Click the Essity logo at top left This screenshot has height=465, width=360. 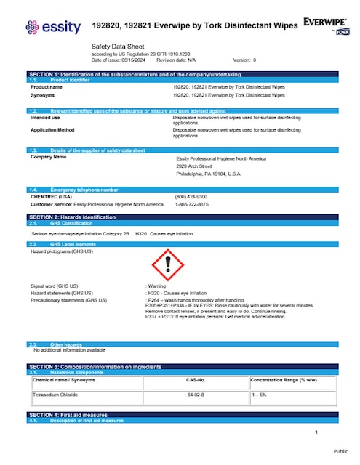point(49,28)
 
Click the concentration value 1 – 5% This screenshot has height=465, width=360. point(261,393)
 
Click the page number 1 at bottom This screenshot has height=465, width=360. point(317,433)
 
